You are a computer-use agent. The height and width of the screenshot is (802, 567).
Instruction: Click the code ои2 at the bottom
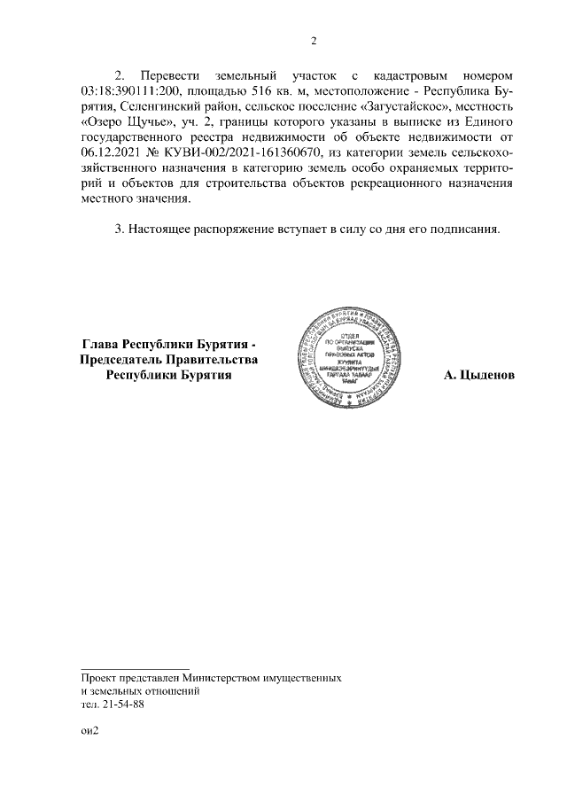88,732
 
